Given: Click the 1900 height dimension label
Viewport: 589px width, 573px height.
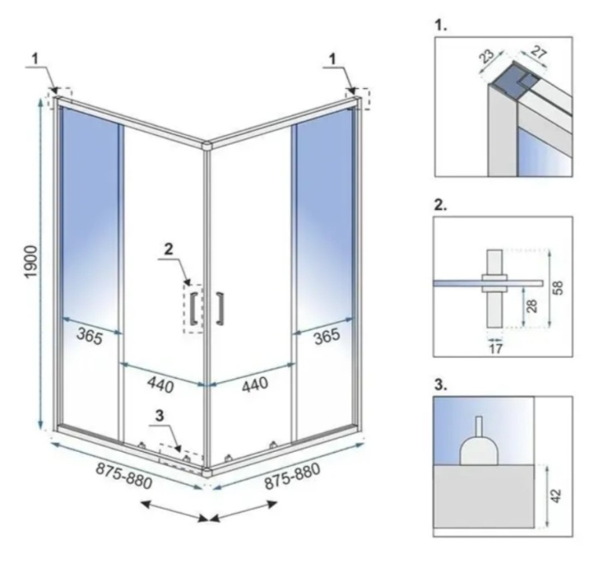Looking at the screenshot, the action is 31,262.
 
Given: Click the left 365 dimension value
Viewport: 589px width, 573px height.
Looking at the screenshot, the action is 90,336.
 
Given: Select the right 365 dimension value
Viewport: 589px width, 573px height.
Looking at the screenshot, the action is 327,336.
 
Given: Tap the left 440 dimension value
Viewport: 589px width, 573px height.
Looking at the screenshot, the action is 161,384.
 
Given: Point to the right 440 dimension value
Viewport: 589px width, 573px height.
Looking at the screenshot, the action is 254,384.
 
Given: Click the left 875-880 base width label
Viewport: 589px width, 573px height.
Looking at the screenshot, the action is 124,476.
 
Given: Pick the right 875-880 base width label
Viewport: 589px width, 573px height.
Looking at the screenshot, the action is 293,476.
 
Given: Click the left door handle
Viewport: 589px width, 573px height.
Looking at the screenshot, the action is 195,308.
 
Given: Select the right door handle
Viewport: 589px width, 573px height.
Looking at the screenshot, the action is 220,308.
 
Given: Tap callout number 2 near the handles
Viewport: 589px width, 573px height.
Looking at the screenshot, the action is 169,249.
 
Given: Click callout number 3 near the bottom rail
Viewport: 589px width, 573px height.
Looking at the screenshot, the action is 159,416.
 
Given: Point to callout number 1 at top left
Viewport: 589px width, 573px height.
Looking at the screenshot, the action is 35,59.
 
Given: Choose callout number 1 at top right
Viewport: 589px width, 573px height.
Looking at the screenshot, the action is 332,59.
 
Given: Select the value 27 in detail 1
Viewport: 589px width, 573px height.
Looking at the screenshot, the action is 539,53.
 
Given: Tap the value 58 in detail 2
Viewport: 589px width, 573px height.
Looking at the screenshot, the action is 558,288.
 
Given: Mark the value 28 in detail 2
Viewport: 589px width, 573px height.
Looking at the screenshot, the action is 532,306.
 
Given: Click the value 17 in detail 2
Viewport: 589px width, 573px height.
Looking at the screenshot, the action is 496,348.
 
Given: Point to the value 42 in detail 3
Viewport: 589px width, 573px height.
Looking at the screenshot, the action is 556,495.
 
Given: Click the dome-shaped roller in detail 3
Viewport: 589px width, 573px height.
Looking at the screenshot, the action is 479,450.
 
